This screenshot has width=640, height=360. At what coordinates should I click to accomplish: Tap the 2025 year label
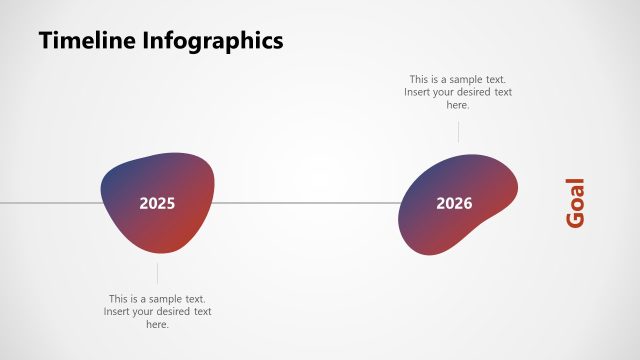pyautogui.click(x=157, y=203)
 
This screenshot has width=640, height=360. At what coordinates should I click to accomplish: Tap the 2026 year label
pyautogui.click(x=454, y=203)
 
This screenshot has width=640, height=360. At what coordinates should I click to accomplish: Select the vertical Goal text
pyautogui.click(x=575, y=203)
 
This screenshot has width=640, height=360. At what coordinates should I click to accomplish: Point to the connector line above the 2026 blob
pyautogui.click(x=459, y=131)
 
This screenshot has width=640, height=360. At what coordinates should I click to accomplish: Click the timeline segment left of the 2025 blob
pyautogui.click(x=50, y=203)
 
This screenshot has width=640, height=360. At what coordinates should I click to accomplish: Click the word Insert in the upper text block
pyautogui.click(x=418, y=92)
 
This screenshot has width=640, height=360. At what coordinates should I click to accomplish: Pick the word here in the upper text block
pyautogui.click(x=458, y=105)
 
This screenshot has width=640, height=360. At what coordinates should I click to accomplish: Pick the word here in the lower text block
pyautogui.click(x=157, y=325)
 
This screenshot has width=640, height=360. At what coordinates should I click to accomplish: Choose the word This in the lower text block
pyautogui.click(x=119, y=299)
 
